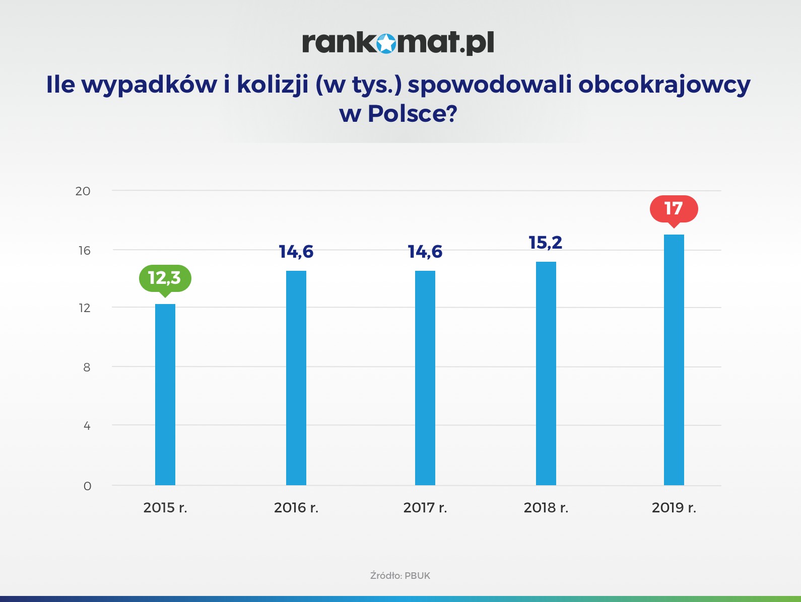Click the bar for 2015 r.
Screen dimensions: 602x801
click(x=165, y=395)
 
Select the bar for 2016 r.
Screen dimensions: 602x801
click(x=296, y=378)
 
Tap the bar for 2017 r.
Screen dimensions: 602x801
click(x=425, y=378)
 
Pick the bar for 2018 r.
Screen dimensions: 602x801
click(x=546, y=373)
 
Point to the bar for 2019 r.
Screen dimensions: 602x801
click(x=674, y=360)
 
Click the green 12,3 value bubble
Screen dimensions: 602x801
click(x=165, y=278)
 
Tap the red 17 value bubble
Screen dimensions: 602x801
click(x=674, y=208)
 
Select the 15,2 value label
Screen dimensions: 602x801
click(x=546, y=243)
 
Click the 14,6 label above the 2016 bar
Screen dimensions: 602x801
click(x=296, y=252)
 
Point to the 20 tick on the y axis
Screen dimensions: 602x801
click(x=83, y=191)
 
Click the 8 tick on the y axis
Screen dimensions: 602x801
click(x=87, y=367)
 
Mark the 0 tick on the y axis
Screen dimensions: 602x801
click(x=87, y=486)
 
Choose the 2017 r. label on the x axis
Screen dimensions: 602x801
click(x=425, y=507)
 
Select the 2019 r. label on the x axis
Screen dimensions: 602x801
click(x=674, y=507)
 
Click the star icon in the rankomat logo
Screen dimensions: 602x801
click(x=386, y=43)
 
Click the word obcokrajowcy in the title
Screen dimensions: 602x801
click(x=664, y=85)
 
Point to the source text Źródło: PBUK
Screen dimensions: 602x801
click(x=400, y=575)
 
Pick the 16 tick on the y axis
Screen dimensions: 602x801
click(x=85, y=251)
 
